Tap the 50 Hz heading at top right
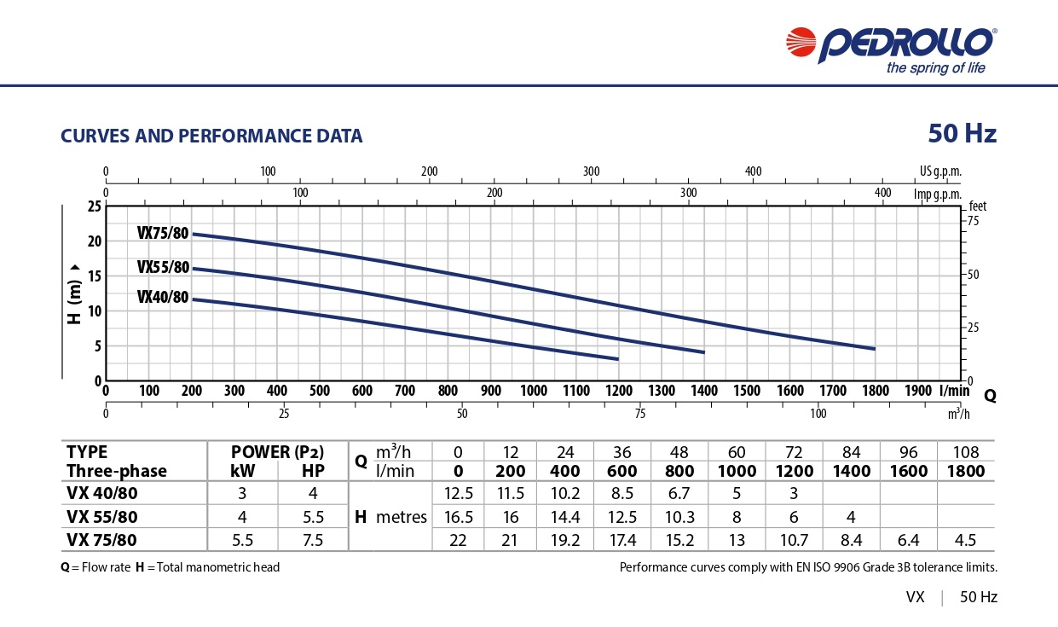[x=962, y=134]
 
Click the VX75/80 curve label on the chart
[x=163, y=234]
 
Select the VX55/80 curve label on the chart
[x=163, y=268]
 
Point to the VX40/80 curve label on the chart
[x=163, y=297]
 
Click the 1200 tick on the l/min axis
[x=619, y=391]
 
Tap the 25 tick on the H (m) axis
[x=94, y=206]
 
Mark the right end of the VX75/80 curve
[x=875, y=348]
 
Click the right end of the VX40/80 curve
[x=618, y=359]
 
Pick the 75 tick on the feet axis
[x=974, y=221]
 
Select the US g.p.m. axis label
[x=940, y=171]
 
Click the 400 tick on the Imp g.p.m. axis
[x=883, y=193]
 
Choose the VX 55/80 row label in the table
[x=101, y=517]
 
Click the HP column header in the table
[x=313, y=471]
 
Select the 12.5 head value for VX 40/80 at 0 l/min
[x=459, y=494]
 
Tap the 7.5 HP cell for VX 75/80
[x=313, y=539]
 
